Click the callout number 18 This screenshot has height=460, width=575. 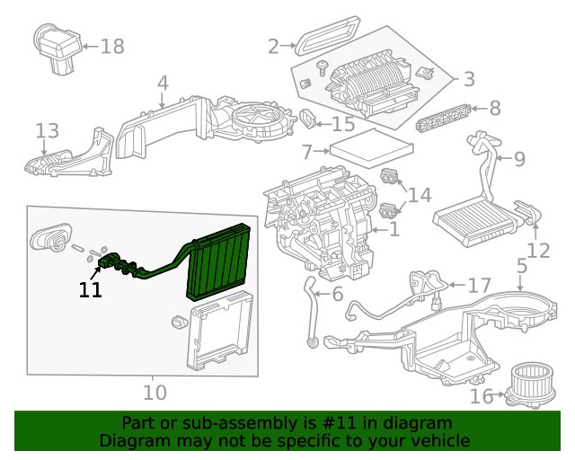pos(111,46)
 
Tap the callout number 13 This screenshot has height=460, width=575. pos(47,132)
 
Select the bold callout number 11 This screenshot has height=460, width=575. pos(90,290)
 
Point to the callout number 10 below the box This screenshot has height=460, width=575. pos(155,393)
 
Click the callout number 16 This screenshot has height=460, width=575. pos(482,396)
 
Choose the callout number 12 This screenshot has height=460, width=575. pos(538,251)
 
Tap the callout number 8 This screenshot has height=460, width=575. pos(494,109)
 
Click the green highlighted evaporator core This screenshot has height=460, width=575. pos(218,266)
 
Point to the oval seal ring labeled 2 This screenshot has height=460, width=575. pos(330,38)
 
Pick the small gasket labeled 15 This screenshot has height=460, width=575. pos(307,118)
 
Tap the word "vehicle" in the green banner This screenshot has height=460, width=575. pos(439,441)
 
